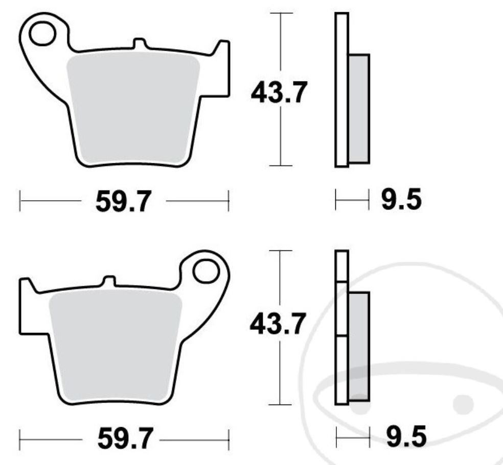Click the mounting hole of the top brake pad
(x=41, y=34)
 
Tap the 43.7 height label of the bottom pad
(x=278, y=325)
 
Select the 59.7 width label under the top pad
(x=123, y=202)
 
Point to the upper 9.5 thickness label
(x=402, y=200)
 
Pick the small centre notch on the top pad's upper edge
(x=138, y=44)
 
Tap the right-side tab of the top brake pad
(x=222, y=67)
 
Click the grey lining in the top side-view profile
(x=359, y=109)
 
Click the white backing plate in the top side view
(x=341, y=90)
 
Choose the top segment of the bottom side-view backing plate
(x=341, y=265)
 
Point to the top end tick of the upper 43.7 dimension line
(x=280, y=13)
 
